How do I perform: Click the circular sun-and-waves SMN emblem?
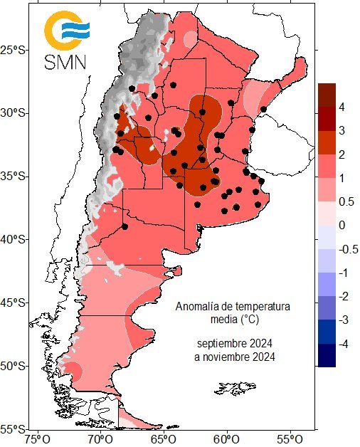pos(66,30)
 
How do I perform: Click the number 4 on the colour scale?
pos(342,107)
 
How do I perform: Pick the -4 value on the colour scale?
pos(344,344)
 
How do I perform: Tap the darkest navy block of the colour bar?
pos(327,355)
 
